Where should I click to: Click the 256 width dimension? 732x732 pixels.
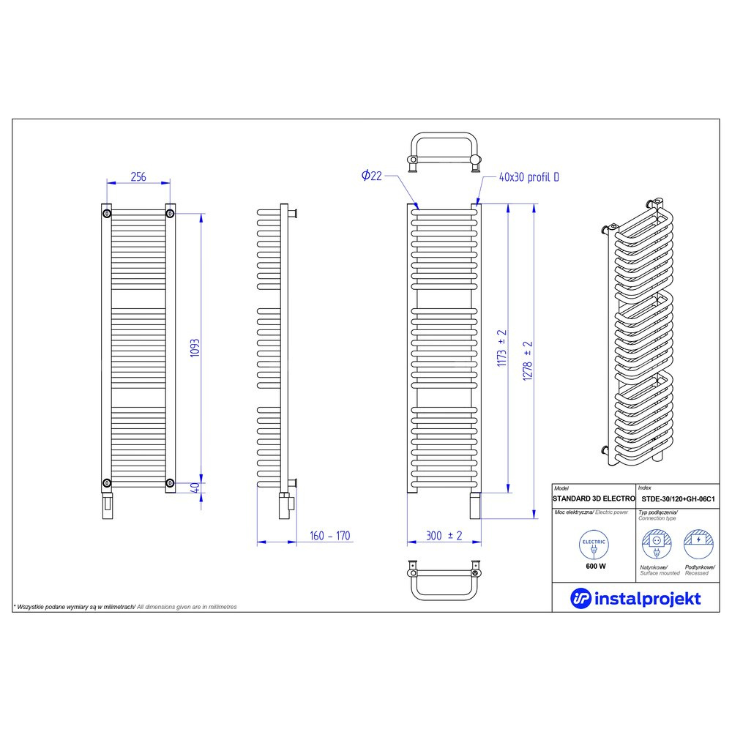(x=138, y=176)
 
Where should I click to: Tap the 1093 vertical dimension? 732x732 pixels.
(x=195, y=348)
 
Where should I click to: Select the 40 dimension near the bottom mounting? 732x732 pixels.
(x=195, y=488)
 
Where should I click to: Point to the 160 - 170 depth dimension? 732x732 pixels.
(x=329, y=536)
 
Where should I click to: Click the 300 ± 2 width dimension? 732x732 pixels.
(x=444, y=536)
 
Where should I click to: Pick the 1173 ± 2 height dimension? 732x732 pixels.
(x=501, y=348)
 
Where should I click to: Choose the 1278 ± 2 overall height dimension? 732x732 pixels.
(x=528, y=362)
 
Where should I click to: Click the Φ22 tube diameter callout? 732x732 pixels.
(x=372, y=176)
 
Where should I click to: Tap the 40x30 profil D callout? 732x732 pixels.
(x=529, y=177)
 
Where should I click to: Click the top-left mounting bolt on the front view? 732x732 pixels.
(x=107, y=214)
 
